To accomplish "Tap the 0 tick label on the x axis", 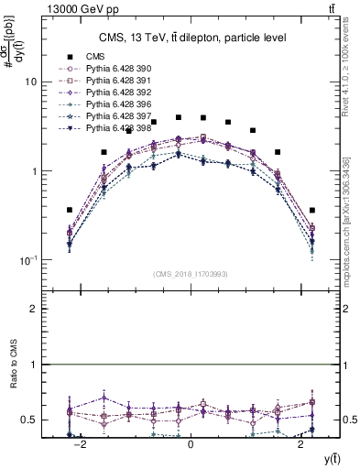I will click(x=191, y=444).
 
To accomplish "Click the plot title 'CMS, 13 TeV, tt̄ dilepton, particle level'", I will click(x=190, y=38).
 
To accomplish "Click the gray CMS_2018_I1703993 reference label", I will click(x=191, y=272).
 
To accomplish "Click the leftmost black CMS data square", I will click(x=69, y=210).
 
